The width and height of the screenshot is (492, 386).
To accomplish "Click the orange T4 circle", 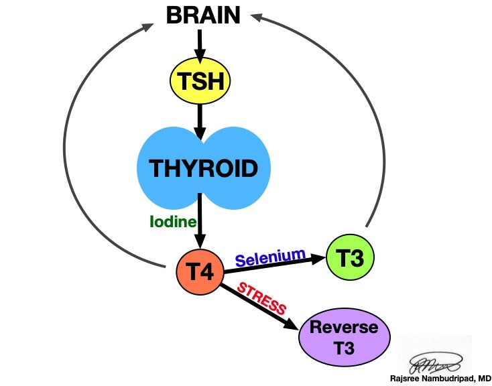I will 199,271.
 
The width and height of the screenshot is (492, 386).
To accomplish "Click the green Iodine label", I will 172,222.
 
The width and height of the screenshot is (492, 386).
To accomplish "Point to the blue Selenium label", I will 270,257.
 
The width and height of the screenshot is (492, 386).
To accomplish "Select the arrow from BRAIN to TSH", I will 198,44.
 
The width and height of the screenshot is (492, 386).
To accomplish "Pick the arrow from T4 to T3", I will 275,266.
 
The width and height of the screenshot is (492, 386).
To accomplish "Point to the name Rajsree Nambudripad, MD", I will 440,378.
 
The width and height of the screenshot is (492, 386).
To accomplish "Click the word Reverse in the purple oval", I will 344,328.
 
